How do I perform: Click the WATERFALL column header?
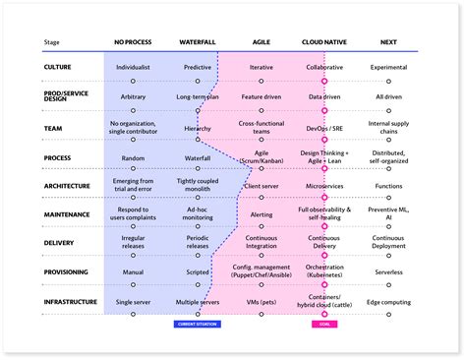click(x=199, y=42)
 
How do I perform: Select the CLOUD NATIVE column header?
click(x=323, y=42)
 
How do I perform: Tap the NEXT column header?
click(x=388, y=42)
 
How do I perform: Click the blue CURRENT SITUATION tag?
click(x=198, y=323)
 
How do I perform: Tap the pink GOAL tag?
click(x=323, y=323)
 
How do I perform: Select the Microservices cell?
click(x=323, y=185)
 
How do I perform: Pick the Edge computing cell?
click(x=388, y=301)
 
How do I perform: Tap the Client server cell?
click(x=262, y=185)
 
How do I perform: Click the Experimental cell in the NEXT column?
click(x=388, y=68)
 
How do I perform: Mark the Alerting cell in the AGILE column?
click(x=262, y=213)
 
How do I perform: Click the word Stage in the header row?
click(x=52, y=42)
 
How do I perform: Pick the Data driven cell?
click(x=323, y=97)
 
